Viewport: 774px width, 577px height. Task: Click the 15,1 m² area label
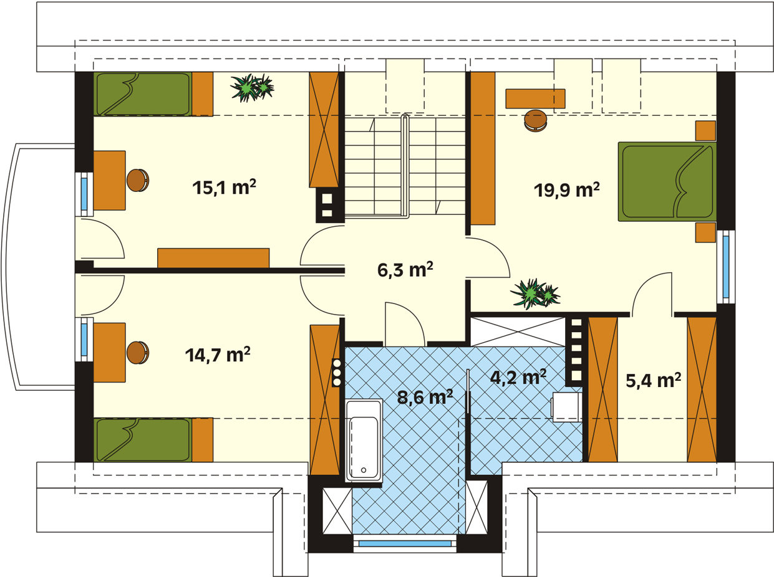pos(225,187)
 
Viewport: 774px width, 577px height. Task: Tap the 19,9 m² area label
pos(567,190)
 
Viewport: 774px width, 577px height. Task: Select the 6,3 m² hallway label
pos(405,270)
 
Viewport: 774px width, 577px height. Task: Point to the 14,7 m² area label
pos(218,355)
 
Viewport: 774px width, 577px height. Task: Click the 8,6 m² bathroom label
pos(425,397)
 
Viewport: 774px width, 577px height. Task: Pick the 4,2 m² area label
pos(518,377)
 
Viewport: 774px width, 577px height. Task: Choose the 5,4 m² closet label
pos(654,381)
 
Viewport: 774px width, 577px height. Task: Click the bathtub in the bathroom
pos(364,441)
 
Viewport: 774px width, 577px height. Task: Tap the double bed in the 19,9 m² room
pos(667,182)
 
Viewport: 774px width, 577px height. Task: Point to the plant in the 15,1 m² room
pos(252,88)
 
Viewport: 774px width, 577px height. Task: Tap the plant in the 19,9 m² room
pos(535,293)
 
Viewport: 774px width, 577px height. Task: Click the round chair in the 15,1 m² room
pos(138,180)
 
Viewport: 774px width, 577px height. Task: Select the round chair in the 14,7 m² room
pos(138,353)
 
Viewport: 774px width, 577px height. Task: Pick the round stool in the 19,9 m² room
pos(536,120)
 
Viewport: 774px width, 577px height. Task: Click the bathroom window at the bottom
pos(405,543)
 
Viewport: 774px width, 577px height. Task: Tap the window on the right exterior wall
pos(726,267)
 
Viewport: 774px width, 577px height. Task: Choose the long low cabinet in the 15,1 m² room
pos(213,258)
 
